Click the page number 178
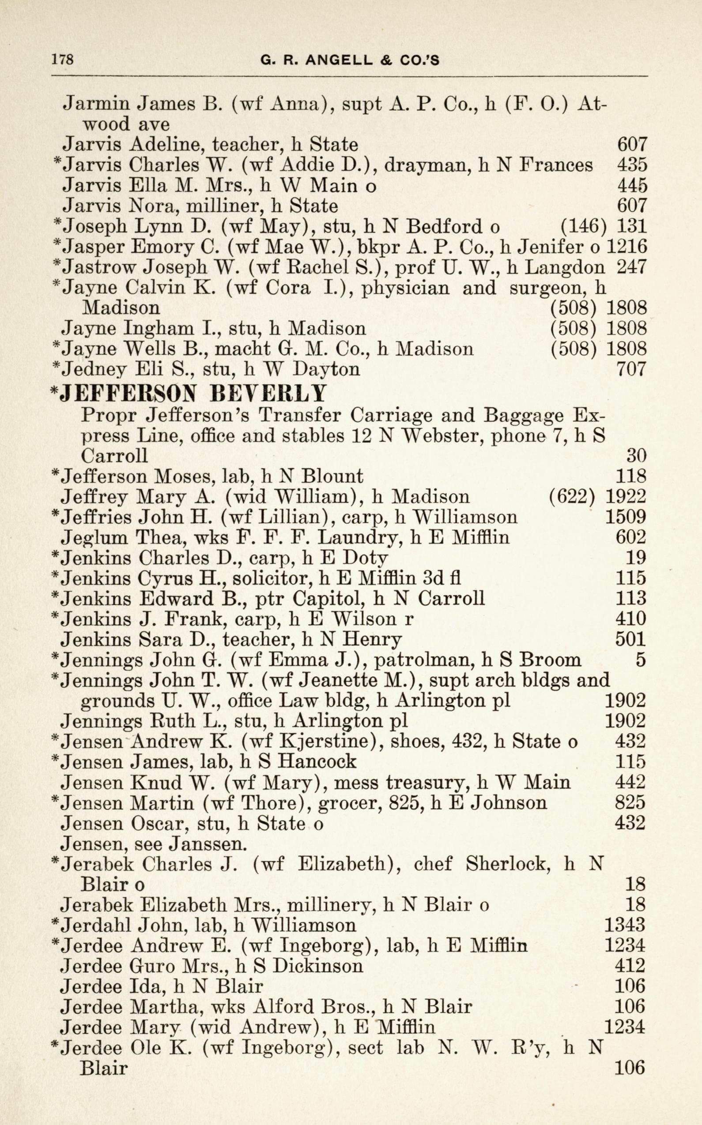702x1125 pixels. pos(62,60)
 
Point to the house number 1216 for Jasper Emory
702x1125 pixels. pos(627,247)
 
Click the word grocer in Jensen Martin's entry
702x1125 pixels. pos(347,802)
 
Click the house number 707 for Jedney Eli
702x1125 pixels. pos(631,369)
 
